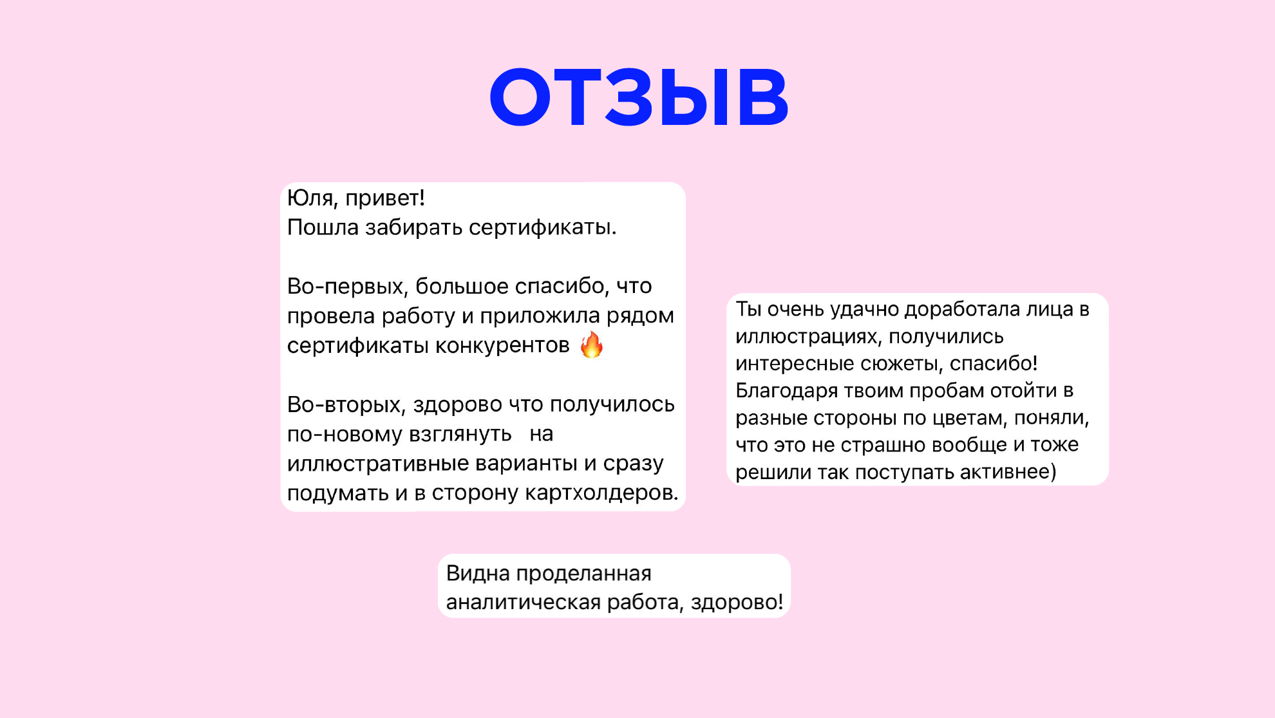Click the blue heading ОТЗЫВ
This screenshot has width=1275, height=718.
click(639, 97)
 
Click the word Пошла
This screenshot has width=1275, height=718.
click(323, 227)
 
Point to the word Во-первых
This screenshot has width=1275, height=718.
click(345, 287)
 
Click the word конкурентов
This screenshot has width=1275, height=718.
click(502, 346)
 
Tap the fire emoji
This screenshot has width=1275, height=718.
click(591, 345)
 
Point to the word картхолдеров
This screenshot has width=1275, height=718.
click(601, 493)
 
